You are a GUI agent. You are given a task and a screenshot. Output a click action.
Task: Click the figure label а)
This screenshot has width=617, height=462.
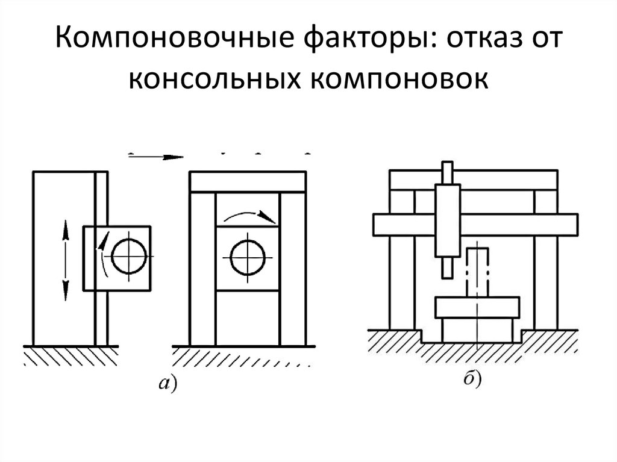click(x=168, y=383)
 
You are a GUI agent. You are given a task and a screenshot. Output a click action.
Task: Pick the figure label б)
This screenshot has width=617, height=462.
click(x=472, y=379)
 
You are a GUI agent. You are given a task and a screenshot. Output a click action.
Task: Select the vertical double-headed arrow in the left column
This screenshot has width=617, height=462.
click(x=65, y=260)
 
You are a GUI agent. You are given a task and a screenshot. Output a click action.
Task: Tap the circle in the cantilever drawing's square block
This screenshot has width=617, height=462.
click(x=129, y=256)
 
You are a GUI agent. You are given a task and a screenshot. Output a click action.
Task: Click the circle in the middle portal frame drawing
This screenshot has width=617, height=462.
click(x=248, y=258)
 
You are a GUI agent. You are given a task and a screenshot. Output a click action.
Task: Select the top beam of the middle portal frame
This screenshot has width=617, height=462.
click(x=248, y=182)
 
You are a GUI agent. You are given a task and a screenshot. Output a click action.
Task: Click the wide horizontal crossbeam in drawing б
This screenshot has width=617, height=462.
click(x=475, y=225)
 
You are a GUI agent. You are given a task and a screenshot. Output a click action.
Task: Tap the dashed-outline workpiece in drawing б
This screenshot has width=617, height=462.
click(x=477, y=272)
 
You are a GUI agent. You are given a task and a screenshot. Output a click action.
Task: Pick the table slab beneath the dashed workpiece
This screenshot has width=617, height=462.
click(x=477, y=307)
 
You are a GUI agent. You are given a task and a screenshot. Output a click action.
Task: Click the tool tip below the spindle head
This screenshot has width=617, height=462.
click(x=448, y=267)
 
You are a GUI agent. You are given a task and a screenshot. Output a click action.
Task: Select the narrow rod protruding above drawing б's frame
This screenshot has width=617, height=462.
click(x=448, y=173)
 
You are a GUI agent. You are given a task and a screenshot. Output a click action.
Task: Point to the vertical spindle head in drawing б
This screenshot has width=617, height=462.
click(x=448, y=220)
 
